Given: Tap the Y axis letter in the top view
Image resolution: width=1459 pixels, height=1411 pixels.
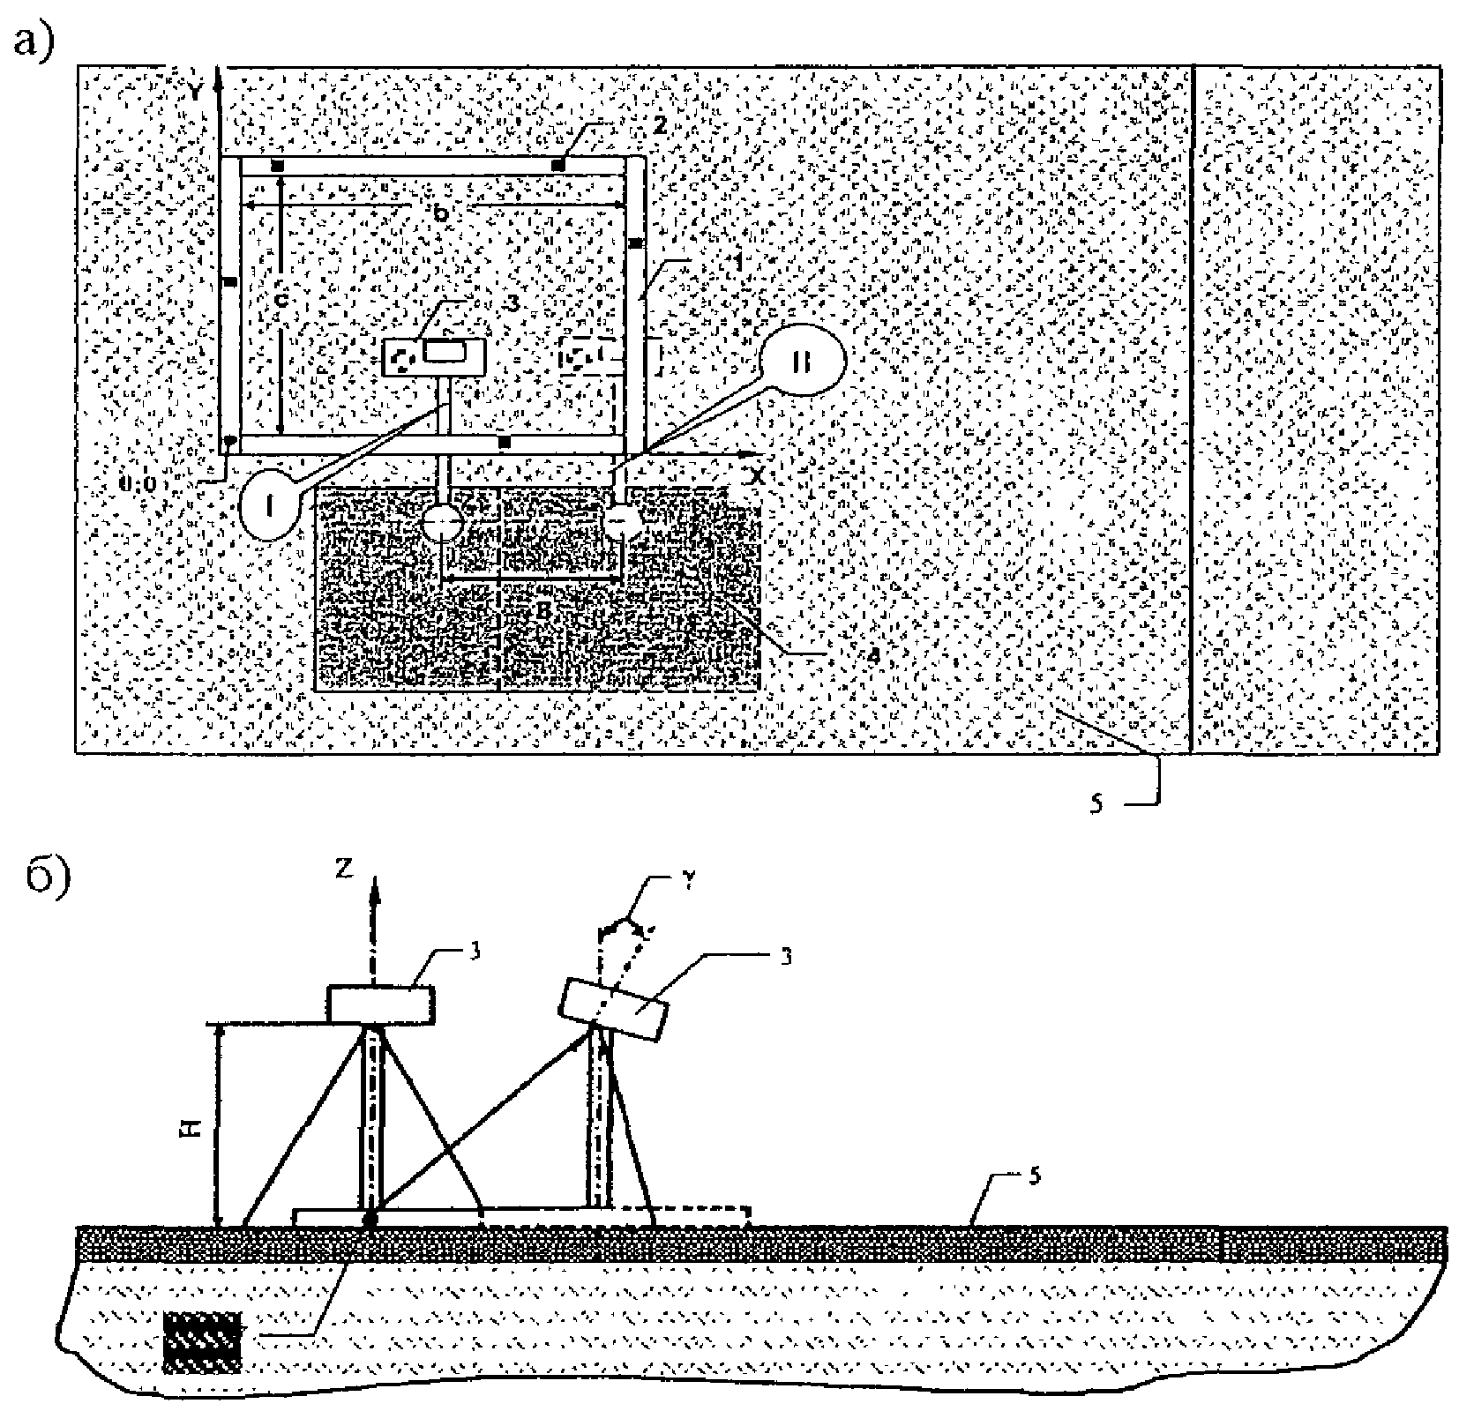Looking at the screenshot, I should click(195, 90).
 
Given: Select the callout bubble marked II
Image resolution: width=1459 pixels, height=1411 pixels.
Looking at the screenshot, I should click(802, 362).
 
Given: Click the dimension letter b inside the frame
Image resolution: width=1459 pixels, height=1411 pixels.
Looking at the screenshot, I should click(441, 213).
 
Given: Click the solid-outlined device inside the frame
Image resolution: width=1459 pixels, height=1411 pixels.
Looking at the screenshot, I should click(433, 358).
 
